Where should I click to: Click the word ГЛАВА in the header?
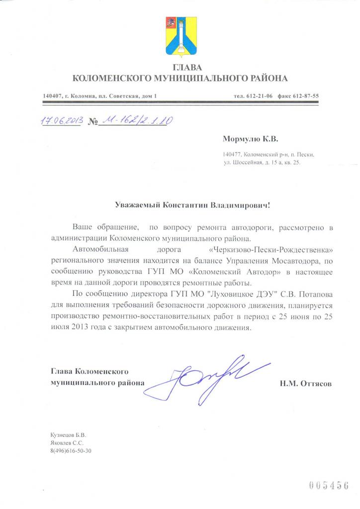180,68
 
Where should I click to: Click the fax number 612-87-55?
305,96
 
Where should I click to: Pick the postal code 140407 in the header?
52,96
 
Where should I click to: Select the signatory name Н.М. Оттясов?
305,384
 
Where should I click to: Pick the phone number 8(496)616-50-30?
72,451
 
